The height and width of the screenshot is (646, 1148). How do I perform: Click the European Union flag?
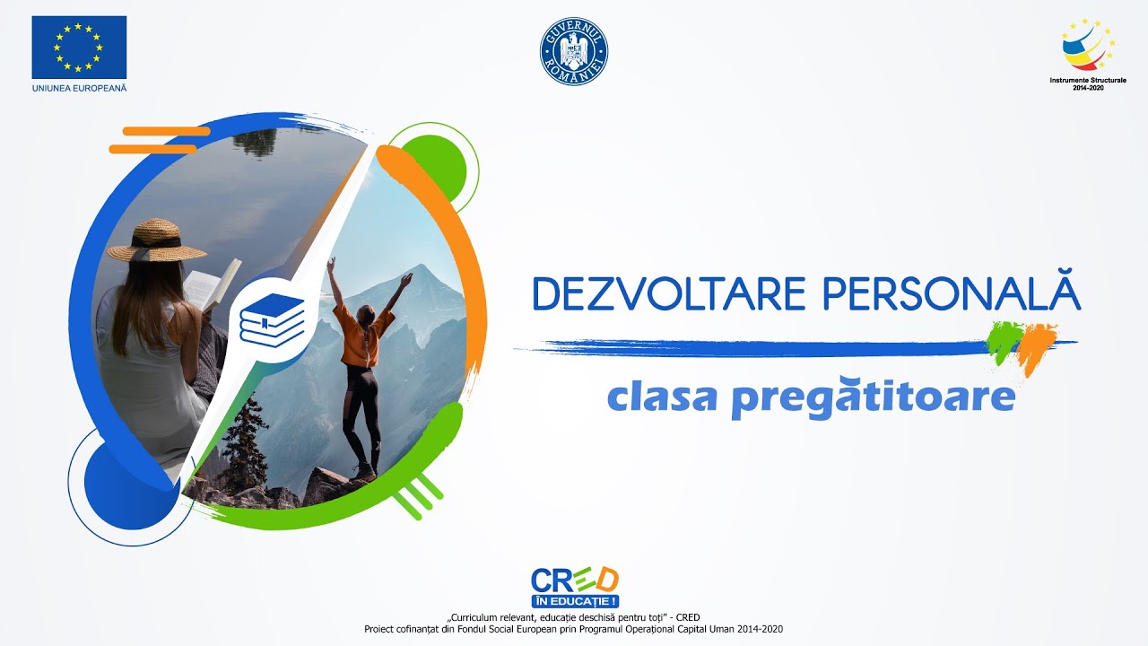point(79,48)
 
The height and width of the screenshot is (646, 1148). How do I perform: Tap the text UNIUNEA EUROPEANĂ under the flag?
point(79,88)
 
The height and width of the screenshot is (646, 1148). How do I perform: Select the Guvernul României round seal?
point(574,52)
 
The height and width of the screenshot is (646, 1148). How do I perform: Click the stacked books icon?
point(273,319)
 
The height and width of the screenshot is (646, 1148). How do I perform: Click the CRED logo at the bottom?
point(574,580)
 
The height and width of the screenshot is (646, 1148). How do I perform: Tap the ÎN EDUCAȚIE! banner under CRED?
point(574,601)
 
